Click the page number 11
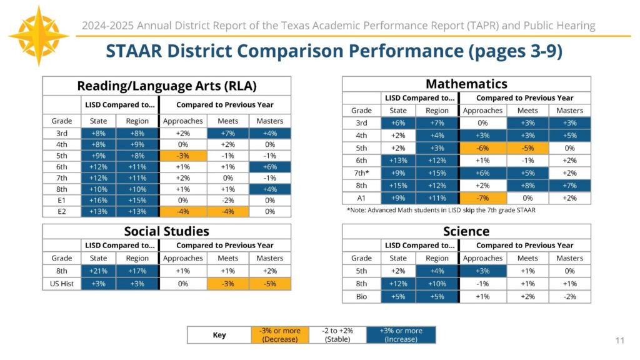619,340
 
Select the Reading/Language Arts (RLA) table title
166,86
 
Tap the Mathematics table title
466,84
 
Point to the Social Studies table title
166,231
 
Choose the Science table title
466,231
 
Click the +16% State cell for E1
99,201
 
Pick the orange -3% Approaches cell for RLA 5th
182,156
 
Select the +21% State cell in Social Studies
99,271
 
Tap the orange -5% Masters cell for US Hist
269,284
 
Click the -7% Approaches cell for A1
482,198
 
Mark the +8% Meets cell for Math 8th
527,186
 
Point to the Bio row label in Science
361,297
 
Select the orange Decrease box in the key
279,335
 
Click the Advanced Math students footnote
441,210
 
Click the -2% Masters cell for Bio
569,297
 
